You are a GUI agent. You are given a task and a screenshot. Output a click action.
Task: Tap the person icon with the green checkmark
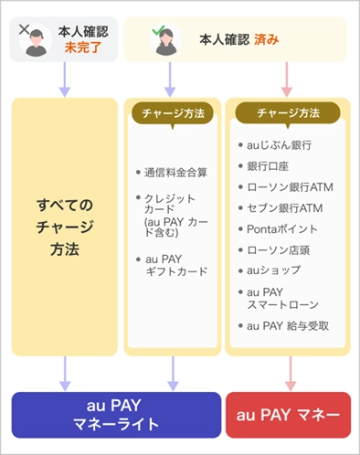point(167,40)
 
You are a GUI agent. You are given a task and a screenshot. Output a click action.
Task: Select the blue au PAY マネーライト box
point(116,415)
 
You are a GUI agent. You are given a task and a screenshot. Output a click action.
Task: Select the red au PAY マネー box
point(288,415)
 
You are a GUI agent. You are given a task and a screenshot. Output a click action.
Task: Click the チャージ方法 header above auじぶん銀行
point(288,113)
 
